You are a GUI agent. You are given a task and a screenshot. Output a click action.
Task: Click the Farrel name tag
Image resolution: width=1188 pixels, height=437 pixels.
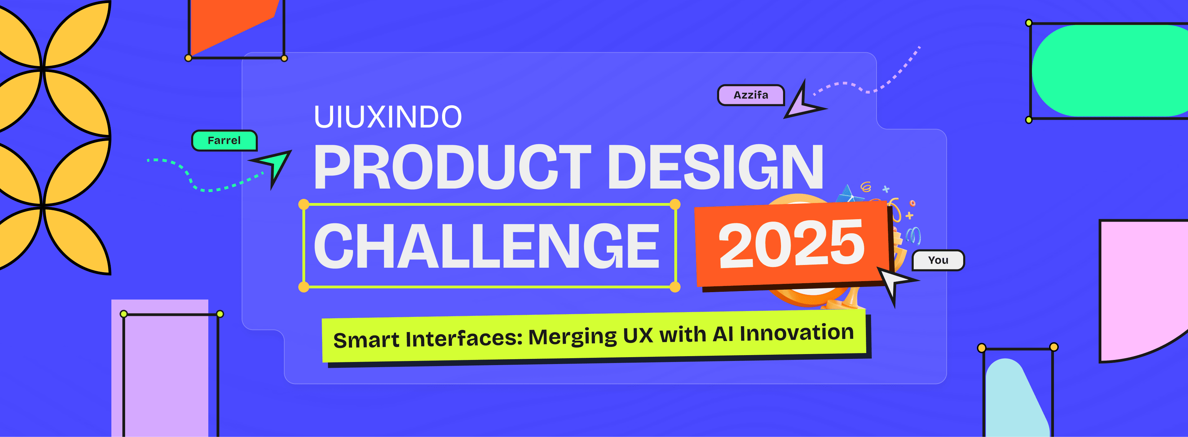[x=224, y=140]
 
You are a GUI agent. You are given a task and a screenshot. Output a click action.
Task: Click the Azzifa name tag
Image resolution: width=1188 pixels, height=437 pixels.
[x=751, y=95]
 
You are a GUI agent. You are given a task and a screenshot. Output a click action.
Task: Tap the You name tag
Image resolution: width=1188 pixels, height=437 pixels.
[x=938, y=260]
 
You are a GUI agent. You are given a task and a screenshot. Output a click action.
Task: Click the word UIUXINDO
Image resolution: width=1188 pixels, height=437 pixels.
[x=387, y=117]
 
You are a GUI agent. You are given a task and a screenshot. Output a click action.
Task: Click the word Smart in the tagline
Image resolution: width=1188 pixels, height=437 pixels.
[x=366, y=340]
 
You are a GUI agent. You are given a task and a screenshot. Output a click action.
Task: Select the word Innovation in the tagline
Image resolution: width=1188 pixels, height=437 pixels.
[x=797, y=333]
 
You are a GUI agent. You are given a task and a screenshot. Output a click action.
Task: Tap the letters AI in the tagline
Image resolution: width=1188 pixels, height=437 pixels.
[x=723, y=334]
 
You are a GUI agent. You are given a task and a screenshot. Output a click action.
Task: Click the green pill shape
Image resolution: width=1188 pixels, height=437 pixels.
[x=1110, y=71]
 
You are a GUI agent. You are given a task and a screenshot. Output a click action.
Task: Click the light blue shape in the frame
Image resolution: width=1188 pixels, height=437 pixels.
[x=1015, y=399]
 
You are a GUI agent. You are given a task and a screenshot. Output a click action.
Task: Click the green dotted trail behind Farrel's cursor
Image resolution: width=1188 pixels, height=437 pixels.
[x=198, y=184]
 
